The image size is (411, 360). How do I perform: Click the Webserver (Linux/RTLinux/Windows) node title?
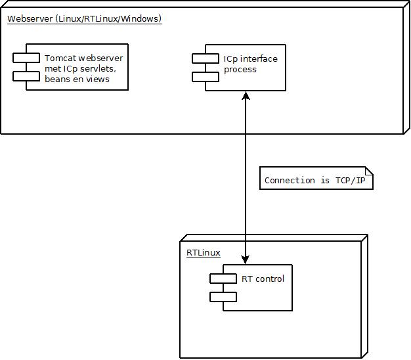point(84,18)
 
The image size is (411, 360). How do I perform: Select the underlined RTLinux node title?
point(203,252)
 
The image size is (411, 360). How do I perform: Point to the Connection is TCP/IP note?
point(316,178)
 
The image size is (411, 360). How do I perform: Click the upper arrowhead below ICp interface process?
point(246,97)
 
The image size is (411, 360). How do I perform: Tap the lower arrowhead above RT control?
point(246,259)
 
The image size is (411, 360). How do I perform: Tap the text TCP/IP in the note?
point(351,180)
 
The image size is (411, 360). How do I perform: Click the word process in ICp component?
point(240,69)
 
